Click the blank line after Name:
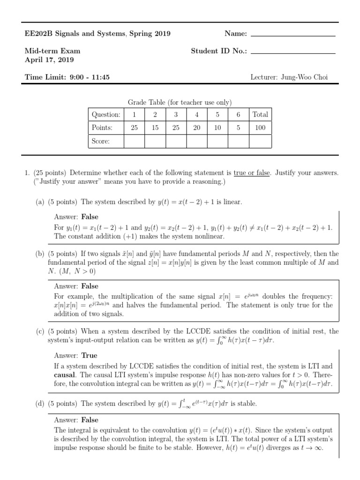click(293, 36)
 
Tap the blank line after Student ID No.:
click(293, 53)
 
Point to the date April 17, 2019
click(49, 60)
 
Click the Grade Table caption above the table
click(180, 103)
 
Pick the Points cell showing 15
click(155, 127)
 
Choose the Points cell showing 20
click(197, 127)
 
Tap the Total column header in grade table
click(260, 114)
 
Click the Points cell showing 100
click(260, 127)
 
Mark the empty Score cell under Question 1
click(134, 141)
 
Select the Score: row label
click(101, 141)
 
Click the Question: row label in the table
click(106, 114)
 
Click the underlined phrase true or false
click(252, 173)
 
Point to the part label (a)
click(40, 202)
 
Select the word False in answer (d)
click(90, 420)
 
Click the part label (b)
click(40, 254)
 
